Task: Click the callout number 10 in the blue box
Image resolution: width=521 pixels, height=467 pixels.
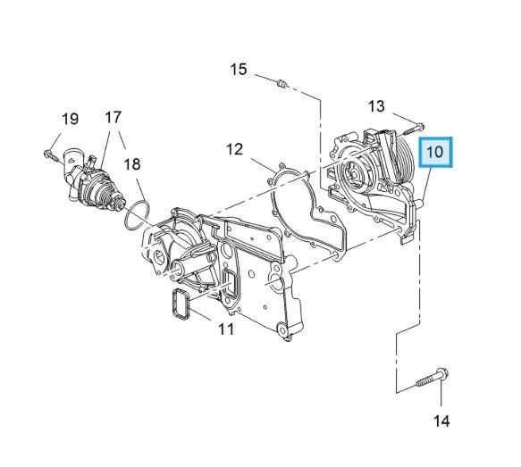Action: [436, 153]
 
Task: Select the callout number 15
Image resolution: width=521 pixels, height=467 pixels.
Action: [238, 70]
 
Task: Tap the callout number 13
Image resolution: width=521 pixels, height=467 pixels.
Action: [376, 106]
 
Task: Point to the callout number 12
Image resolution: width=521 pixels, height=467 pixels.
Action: [234, 149]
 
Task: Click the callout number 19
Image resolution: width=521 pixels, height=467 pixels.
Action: [70, 119]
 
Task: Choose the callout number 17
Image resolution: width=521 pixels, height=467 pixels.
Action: [113, 117]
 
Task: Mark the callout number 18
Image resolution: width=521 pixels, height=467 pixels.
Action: [131, 164]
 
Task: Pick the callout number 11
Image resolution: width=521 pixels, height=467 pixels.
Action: [226, 329]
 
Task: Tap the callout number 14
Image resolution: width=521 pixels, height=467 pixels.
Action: [442, 420]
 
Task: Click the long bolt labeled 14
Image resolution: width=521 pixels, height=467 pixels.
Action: [431, 379]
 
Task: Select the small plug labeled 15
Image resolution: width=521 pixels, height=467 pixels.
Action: [282, 85]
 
